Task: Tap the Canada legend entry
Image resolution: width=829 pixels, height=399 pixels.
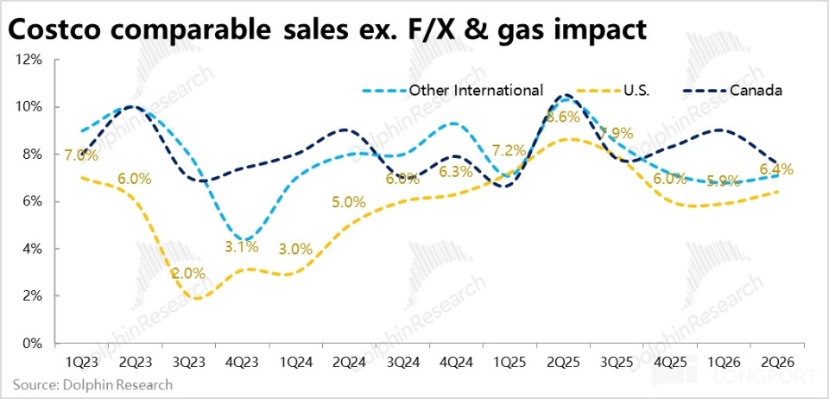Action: point(756,90)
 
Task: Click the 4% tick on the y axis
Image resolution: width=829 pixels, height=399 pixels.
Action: point(32,249)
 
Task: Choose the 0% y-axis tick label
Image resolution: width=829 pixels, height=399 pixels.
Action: point(32,343)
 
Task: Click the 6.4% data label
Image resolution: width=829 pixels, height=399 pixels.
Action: point(775,169)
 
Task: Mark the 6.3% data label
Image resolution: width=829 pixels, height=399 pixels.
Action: point(455,172)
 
